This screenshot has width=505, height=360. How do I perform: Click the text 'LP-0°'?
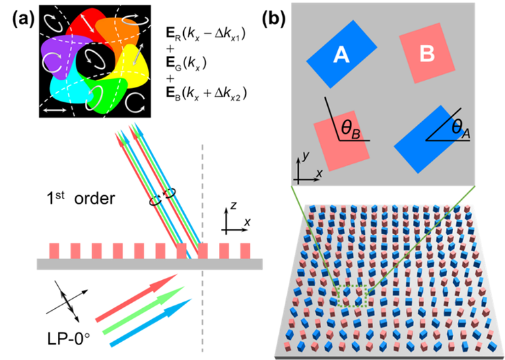(58, 335)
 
